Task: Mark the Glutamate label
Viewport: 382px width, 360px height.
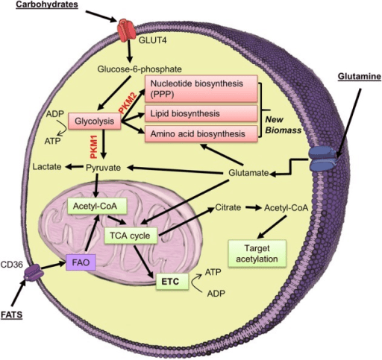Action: [248, 174]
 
